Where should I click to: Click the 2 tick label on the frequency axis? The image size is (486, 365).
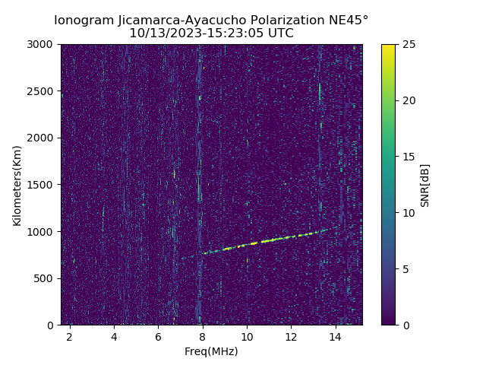(70, 336)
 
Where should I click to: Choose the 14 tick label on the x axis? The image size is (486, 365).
(335, 336)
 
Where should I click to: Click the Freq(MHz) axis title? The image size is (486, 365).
(211, 351)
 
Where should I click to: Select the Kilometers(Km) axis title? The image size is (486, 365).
(17, 185)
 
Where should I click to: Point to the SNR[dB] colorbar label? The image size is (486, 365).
(425, 185)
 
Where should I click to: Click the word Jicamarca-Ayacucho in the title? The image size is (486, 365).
(170, 20)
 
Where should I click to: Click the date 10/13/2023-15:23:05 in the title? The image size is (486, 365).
(194, 33)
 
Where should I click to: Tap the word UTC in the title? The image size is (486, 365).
(279, 33)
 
